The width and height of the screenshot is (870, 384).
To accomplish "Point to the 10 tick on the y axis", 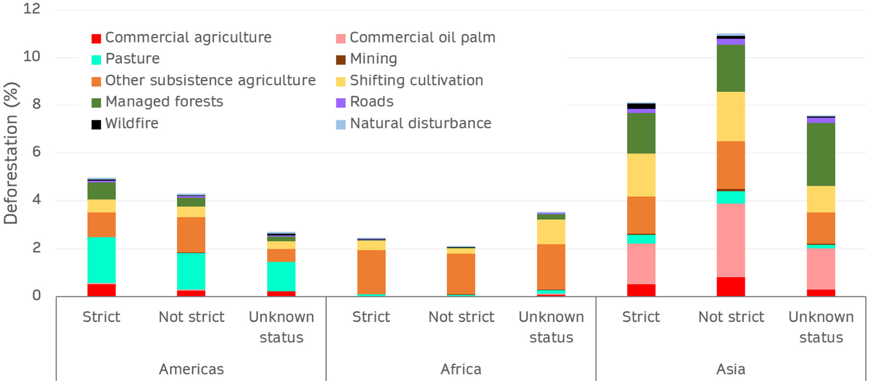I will pos(31,57).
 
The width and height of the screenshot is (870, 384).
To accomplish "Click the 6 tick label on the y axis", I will pos(36,152).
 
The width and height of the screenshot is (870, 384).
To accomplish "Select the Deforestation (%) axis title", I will pos(11,153).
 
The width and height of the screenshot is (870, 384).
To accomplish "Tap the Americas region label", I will pos(191,369).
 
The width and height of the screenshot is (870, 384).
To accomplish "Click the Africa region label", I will pos(461,369).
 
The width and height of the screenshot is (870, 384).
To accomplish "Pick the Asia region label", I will pos(731,369).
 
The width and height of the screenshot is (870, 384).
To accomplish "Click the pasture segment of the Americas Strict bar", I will pos(102,260).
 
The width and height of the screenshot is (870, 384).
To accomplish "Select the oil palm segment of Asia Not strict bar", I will pos(731,240).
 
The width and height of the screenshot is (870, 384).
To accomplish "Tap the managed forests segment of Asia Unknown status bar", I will pos(821,154).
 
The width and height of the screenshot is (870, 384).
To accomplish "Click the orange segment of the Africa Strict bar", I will pos(371,272).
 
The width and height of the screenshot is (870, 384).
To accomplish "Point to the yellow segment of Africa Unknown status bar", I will pos(551,232).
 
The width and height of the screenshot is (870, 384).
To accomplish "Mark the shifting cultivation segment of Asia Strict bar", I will pos(641,175).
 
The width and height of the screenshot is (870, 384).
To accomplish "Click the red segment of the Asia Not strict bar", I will pos(731,286).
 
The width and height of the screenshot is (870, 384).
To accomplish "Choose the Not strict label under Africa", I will pos(461,317).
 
